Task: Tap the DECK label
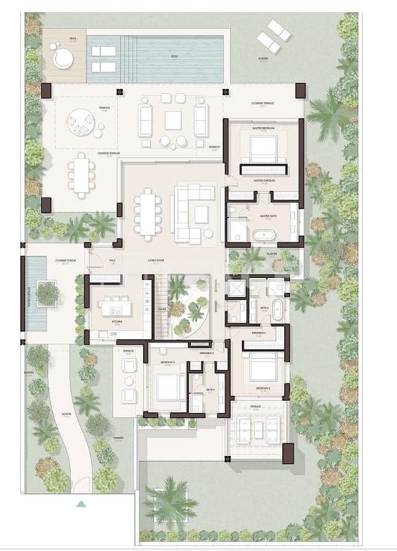pos(74,39)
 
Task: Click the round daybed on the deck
pos(63,59)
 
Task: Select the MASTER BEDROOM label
pos(264,128)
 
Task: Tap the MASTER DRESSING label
pos(264,180)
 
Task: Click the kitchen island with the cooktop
pos(115,305)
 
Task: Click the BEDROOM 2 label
pos(263,388)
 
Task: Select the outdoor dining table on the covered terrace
pos(82,174)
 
